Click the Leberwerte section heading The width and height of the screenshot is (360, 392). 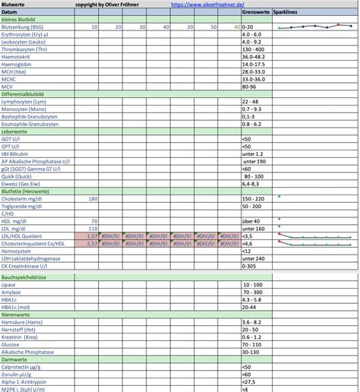coord(15,131)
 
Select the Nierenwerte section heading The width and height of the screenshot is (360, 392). coord(17,314)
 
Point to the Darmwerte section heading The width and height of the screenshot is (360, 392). coord(15,358)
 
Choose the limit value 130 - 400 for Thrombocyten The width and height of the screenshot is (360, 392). coord(253,49)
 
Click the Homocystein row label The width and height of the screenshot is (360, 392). coord(17,251)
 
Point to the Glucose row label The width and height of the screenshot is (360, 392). coord(13,343)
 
